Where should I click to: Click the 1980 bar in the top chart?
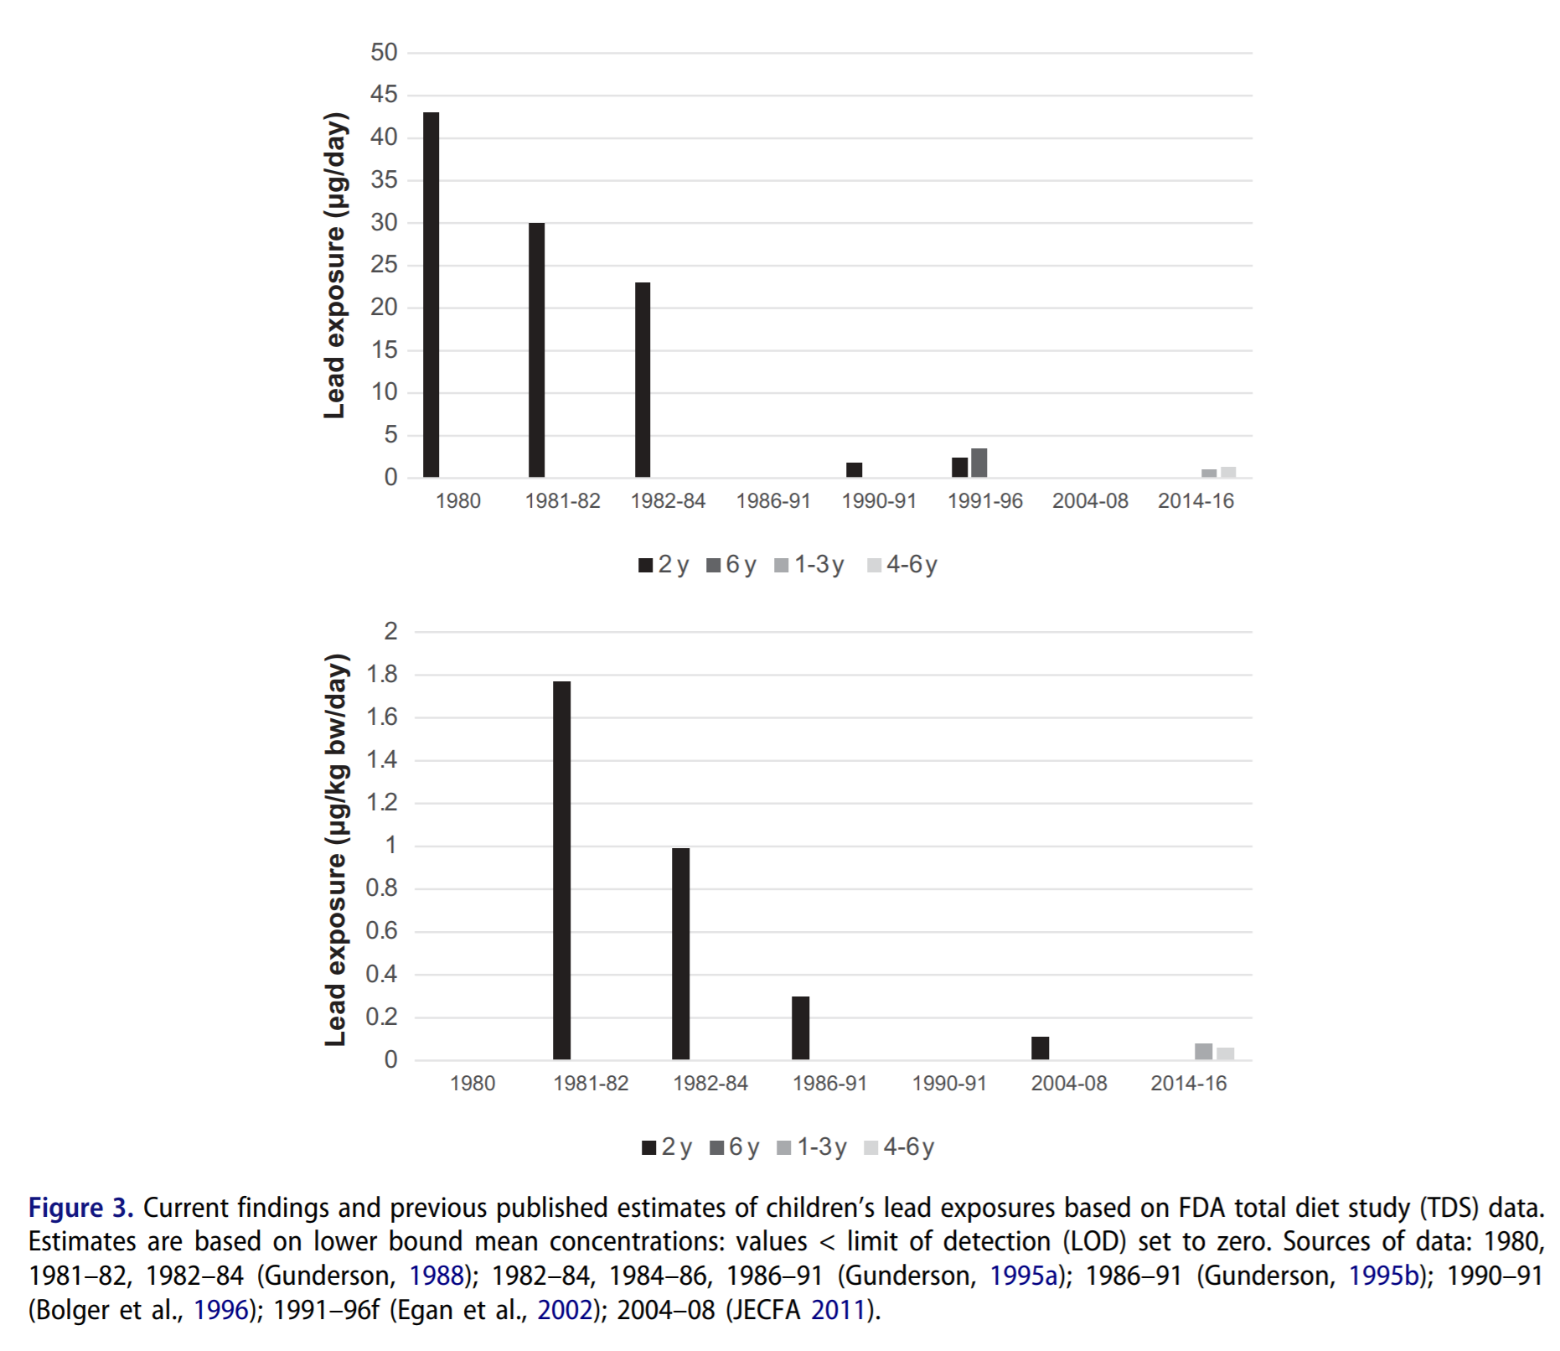coord(431,295)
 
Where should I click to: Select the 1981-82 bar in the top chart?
coord(536,350)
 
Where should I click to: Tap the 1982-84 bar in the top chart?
coord(643,380)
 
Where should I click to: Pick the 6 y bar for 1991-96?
coord(979,463)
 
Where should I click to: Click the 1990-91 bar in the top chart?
coord(854,470)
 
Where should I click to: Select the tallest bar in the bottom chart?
coord(561,870)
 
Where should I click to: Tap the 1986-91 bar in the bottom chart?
coord(800,1028)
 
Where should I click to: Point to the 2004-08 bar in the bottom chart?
coord(1040,1048)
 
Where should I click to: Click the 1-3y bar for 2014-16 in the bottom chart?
coord(1203,1052)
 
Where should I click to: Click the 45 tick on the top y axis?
coord(384,95)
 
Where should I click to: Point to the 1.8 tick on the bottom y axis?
coord(381,675)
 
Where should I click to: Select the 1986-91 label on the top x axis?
coord(772,501)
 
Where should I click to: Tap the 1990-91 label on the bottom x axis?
coord(948,1084)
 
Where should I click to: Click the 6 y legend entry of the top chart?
coord(731,565)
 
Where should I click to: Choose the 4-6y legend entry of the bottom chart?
coord(899,1147)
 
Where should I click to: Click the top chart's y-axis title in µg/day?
coord(334,265)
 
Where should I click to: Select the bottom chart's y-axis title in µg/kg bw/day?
coord(335,850)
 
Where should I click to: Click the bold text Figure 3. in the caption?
coord(80,1208)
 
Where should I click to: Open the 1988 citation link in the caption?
coord(436,1276)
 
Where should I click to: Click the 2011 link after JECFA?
coord(837,1310)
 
